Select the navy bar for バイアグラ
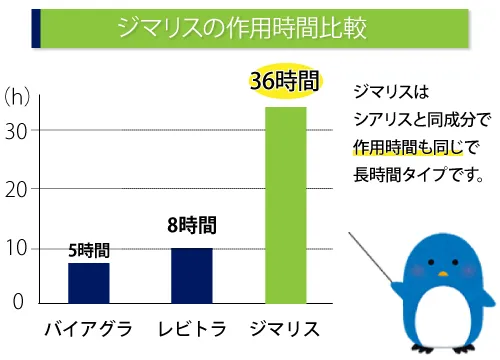pos(88,282)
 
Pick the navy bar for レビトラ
pos(191,275)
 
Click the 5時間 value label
pos(89,250)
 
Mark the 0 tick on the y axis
pos(17,300)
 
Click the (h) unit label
pos(17,97)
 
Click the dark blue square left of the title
pos(35,28)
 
